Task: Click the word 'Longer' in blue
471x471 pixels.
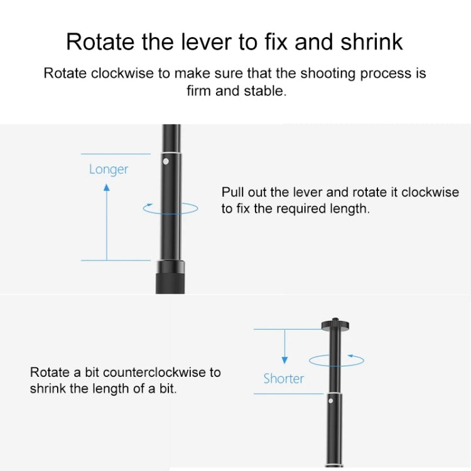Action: coord(109,170)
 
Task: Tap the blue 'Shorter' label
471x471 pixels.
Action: coord(284,379)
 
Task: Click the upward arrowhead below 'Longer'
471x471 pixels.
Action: coord(107,187)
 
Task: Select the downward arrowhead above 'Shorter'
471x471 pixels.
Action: coord(284,360)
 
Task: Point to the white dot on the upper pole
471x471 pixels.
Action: coord(166,161)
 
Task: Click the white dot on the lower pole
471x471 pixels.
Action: coord(331,401)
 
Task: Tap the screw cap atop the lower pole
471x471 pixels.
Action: coord(335,325)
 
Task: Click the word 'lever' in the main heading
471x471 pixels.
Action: coord(206,41)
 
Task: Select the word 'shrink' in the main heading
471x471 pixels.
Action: coord(371,41)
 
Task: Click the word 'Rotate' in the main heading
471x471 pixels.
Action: coord(100,41)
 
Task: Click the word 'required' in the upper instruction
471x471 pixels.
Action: coord(301,208)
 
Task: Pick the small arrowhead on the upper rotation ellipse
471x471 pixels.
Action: coord(150,205)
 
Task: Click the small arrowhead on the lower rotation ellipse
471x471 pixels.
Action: coord(350,356)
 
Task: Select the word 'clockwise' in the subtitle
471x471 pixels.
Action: coord(122,73)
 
